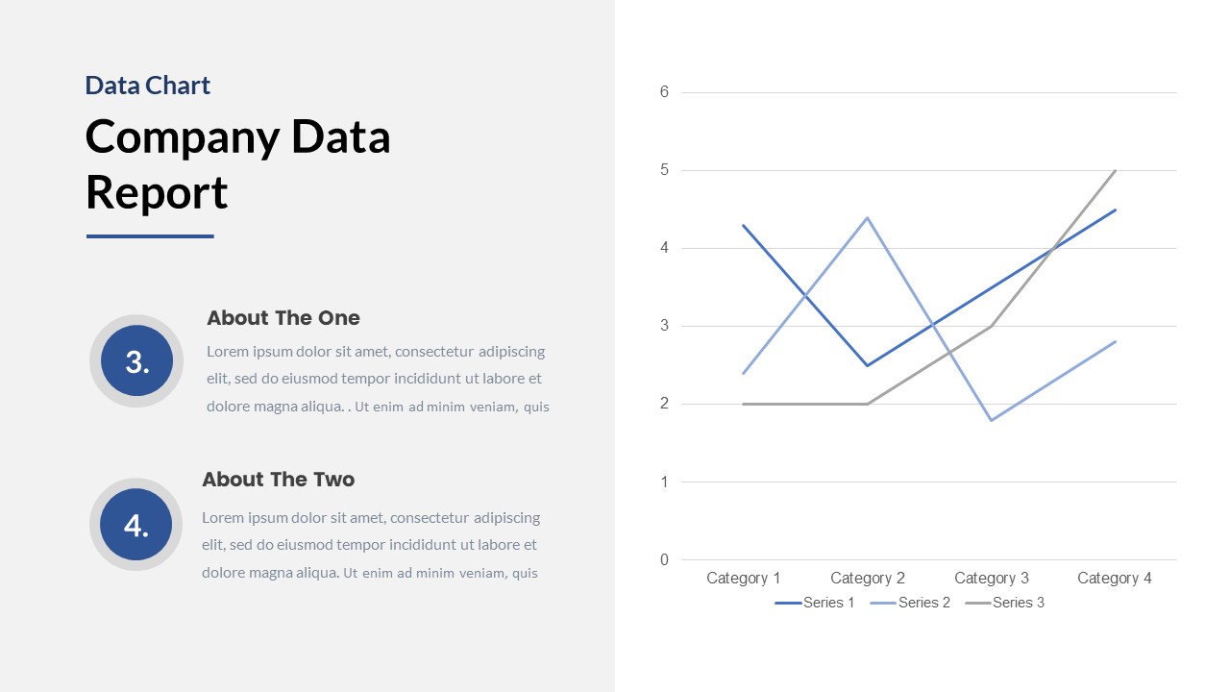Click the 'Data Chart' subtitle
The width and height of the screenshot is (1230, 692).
pyautogui.click(x=147, y=86)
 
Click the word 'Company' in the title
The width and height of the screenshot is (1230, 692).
pyautogui.click(x=180, y=136)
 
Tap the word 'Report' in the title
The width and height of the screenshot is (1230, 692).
pyautogui.click(x=157, y=192)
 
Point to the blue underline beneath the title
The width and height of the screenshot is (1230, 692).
pyautogui.click(x=150, y=236)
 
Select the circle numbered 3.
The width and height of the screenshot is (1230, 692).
pyautogui.click(x=136, y=361)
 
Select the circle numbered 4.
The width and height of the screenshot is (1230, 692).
pyautogui.click(x=136, y=525)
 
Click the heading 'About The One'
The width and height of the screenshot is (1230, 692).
pyautogui.click(x=283, y=318)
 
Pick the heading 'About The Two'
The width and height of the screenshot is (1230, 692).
pyautogui.click(x=278, y=480)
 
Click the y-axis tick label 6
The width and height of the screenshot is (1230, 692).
pyautogui.click(x=664, y=92)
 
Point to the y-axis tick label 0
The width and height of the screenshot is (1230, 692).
pyautogui.click(x=664, y=559)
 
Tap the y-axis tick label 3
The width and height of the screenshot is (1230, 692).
pyautogui.click(x=664, y=326)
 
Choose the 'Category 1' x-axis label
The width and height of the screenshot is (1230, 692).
pyautogui.click(x=743, y=578)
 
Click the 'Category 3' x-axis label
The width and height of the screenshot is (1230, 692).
pyautogui.click(x=991, y=578)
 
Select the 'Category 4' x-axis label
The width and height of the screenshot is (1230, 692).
pyautogui.click(x=1114, y=578)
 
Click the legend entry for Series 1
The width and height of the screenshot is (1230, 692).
pyautogui.click(x=815, y=603)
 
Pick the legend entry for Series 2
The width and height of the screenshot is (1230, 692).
pyautogui.click(x=910, y=603)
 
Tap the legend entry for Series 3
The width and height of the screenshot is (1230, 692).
pyautogui.click(x=1004, y=603)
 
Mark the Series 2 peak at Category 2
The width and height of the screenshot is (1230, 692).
pyautogui.click(x=868, y=217)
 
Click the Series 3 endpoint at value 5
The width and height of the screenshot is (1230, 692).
pyautogui.click(x=1115, y=171)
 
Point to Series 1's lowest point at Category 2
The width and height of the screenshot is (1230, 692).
pyautogui.click(x=868, y=365)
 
